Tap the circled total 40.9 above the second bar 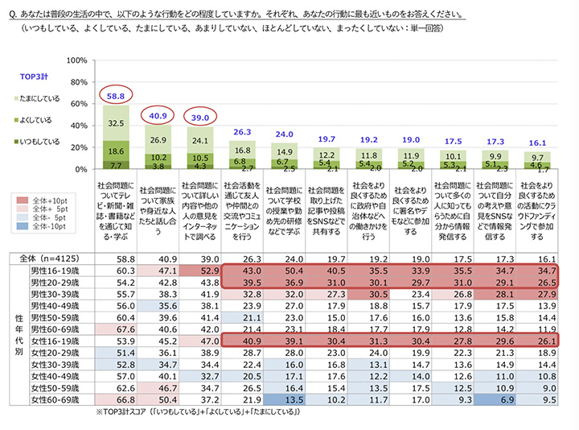(159, 115)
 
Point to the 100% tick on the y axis (76, 60)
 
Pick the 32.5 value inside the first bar (115, 123)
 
